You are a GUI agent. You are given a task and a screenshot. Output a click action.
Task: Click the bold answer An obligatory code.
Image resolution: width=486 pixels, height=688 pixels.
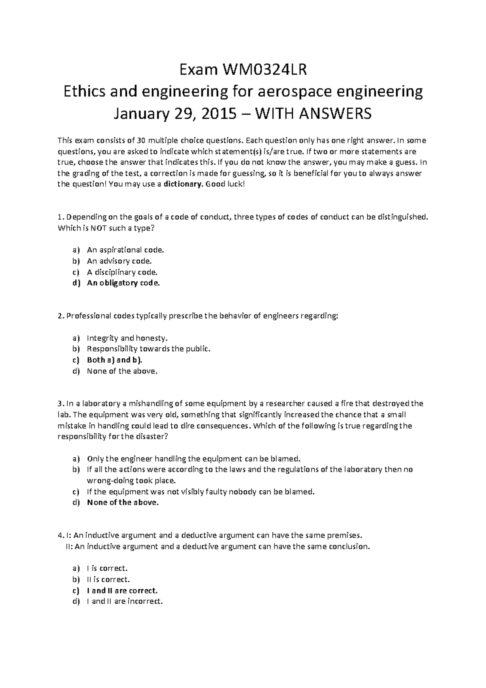pos(124,283)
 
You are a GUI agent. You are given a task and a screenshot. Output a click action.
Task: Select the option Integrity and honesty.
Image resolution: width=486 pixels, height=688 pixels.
pos(127,338)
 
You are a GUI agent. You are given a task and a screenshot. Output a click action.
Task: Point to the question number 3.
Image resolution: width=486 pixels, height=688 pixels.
pos(60,404)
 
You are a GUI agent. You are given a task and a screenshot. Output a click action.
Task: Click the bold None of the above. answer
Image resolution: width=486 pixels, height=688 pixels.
pos(123,503)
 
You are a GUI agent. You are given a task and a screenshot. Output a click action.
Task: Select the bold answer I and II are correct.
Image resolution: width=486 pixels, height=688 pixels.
pos(122,590)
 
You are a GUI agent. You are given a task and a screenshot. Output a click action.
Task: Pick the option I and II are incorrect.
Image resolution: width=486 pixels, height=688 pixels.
pos(125,601)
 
